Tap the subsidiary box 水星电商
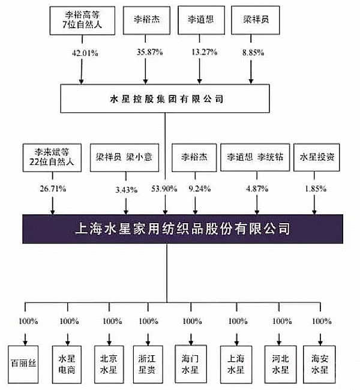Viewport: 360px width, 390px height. pyautogui.click(x=66, y=364)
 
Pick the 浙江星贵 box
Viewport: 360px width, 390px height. pyautogui.click(x=152, y=364)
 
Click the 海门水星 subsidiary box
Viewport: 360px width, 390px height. pyautogui.click(x=191, y=364)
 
